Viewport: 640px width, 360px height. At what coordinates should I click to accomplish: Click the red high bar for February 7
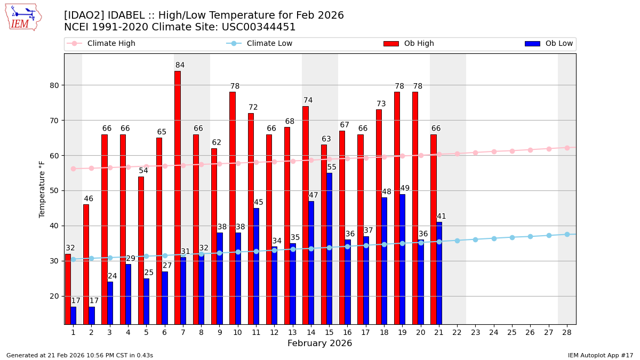coord(177,197)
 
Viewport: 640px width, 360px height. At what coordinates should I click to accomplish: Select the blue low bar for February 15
coord(329,248)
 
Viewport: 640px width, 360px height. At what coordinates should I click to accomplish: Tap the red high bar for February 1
coord(68,289)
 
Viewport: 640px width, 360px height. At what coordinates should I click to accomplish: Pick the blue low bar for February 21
coord(439,273)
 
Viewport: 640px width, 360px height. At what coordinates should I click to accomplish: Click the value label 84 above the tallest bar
coord(180,66)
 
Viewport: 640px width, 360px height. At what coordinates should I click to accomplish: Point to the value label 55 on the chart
coord(332,167)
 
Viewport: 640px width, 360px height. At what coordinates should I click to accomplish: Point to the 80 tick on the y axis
coord(55,85)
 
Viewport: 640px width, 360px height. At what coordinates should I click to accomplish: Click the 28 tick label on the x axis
coord(567,332)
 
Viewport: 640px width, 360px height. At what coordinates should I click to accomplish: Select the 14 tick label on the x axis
coord(311,332)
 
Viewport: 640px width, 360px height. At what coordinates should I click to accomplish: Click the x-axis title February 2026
coord(320,343)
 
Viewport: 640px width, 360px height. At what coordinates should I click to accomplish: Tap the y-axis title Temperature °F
coord(42,189)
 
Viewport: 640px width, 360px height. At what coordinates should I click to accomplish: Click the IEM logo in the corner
coord(23,17)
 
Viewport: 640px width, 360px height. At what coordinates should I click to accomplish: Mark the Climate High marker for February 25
coord(512,151)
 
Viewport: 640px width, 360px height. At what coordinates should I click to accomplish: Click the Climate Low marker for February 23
coord(475,239)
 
